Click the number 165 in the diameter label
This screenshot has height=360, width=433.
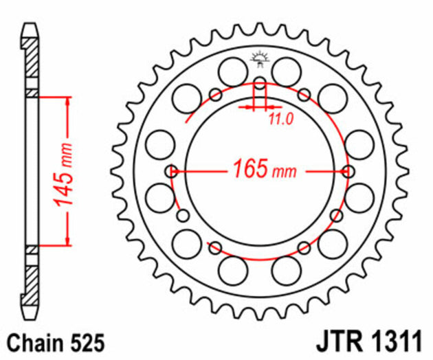click(248, 169)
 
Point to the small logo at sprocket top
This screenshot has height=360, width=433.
click(259, 60)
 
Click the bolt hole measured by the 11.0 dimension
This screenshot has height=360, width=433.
click(259, 85)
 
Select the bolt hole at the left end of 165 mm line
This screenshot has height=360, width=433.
click(171, 171)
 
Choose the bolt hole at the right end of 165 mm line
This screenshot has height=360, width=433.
click(348, 171)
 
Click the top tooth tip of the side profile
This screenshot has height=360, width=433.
click(30, 29)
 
